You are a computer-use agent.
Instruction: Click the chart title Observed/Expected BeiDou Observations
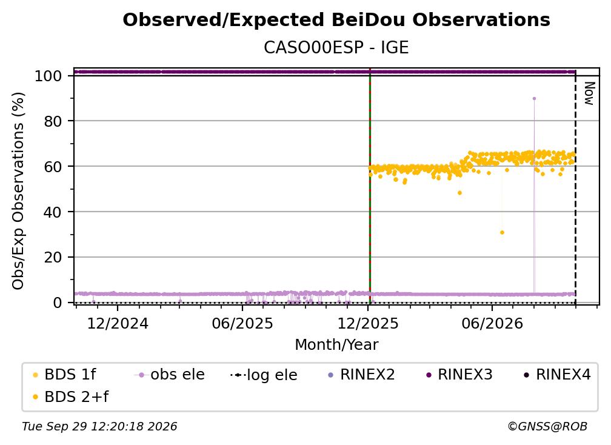click(x=336, y=20)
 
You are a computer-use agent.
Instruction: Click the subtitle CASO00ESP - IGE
click(x=336, y=47)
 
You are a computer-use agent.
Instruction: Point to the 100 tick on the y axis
click(x=48, y=76)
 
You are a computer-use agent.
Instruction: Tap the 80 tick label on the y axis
click(x=53, y=121)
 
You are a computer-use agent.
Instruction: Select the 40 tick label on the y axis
click(x=53, y=212)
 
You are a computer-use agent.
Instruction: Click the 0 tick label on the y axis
click(x=58, y=303)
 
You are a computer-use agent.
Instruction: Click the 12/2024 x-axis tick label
click(x=118, y=323)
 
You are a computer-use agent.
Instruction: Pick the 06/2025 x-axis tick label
click(x=242, y=323)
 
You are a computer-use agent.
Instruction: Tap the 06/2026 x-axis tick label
click(x=492, y=323)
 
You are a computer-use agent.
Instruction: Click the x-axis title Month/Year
click(x=336, y=345)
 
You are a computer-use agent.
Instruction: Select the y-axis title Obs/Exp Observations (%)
click(x=18, y=191)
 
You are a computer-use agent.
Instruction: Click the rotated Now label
click(x=589, y=93)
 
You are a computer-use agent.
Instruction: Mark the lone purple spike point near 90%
click(x=534, y=99)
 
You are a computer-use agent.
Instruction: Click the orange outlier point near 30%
click(x=502, y=233)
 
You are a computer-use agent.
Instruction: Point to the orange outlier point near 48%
click(x=460, y=193)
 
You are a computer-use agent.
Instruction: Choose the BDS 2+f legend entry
click(x=70, y=396)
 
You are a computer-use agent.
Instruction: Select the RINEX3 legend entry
click(x=459, y=375)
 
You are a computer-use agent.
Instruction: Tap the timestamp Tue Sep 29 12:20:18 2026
click(x=99, y=427)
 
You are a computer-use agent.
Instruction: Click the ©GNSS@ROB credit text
click(x=547, y=427)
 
